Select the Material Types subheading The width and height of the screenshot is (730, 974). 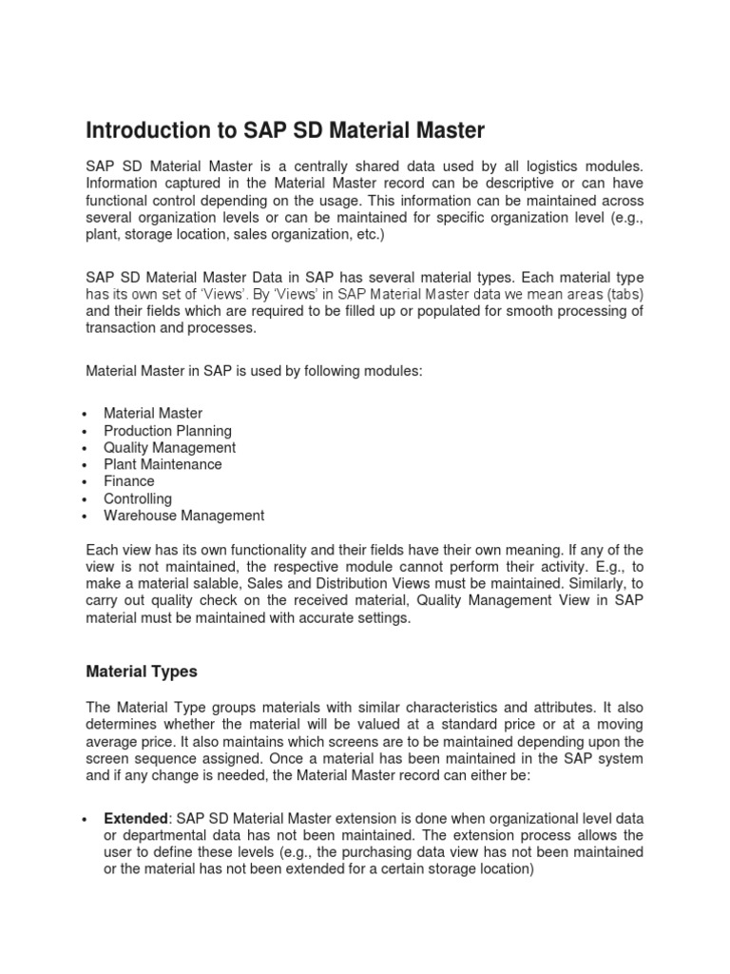click(142, 671)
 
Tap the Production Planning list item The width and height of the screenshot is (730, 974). click(167, 430)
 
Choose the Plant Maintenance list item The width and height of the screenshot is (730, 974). click(163, 464)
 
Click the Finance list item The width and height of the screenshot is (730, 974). click(129, 481)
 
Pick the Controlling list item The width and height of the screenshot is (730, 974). click(138, 498)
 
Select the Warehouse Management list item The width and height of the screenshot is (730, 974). click(184, 516)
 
